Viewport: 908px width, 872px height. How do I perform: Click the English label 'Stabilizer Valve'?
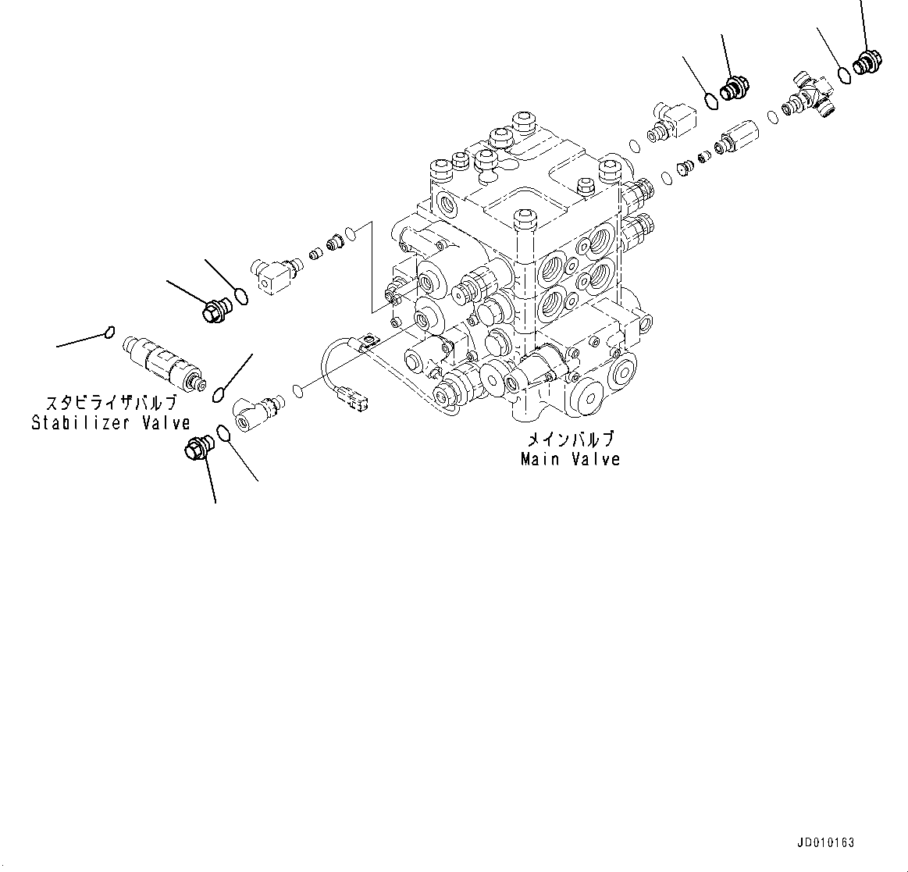111,423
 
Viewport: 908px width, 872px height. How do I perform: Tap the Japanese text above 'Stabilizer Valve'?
111,404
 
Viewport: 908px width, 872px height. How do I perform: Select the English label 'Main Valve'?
570,459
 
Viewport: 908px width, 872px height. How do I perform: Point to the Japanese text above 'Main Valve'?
570,440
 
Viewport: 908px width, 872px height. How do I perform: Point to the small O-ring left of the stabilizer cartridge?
110,333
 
